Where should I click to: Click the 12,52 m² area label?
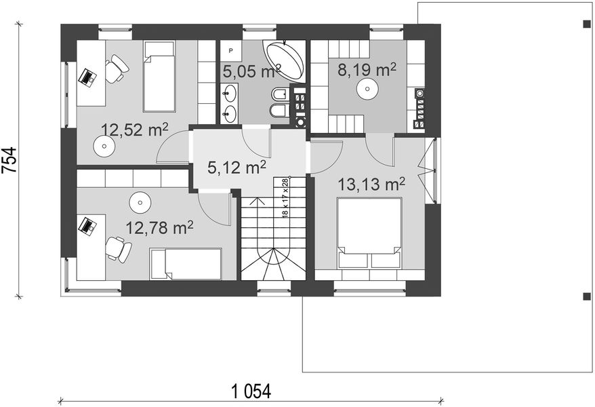tap(134, 130)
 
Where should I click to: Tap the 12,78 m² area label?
tap(159, 227)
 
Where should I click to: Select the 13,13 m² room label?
tap(371, 184)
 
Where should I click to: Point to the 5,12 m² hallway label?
tap(237, 167)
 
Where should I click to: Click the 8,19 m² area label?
tap(367, 70)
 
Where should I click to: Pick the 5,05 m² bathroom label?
tap(251, 71)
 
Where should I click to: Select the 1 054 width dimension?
tap(251, 391)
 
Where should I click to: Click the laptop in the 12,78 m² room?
tap(87, 227)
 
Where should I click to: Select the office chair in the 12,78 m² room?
tap(119, 249)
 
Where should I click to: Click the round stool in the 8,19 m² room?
tap(367, 89)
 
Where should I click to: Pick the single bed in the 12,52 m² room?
tap(159, 76)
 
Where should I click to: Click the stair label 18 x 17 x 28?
tap(285, 197)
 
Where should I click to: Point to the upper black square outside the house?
tap(587, 24)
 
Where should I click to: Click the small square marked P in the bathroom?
tap(231, 50)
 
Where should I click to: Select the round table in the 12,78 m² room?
tap(140, 203)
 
